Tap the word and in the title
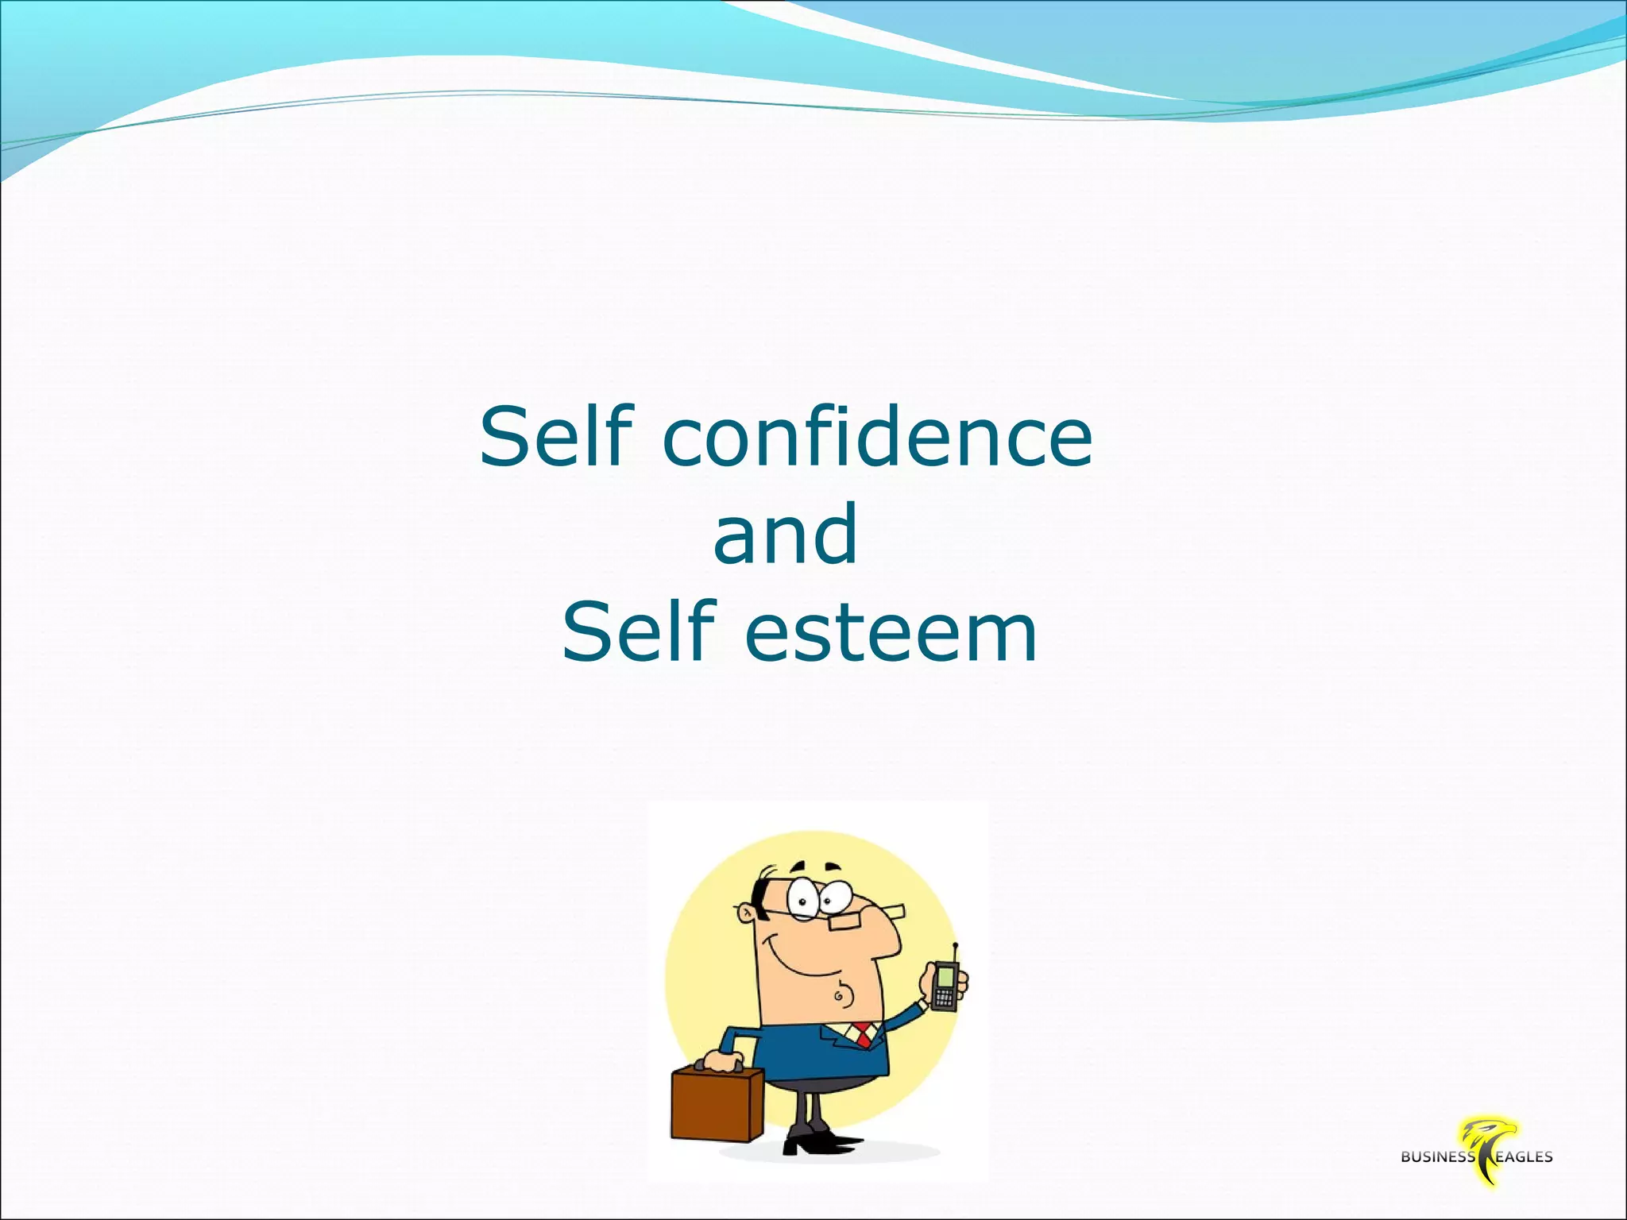click(785, 535)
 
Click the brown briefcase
click(716, 1106)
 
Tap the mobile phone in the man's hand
click(945, 985)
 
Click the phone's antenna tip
click(955, 945)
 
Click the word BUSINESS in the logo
click(1437, 1157)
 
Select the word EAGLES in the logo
click(1524, 1157)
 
